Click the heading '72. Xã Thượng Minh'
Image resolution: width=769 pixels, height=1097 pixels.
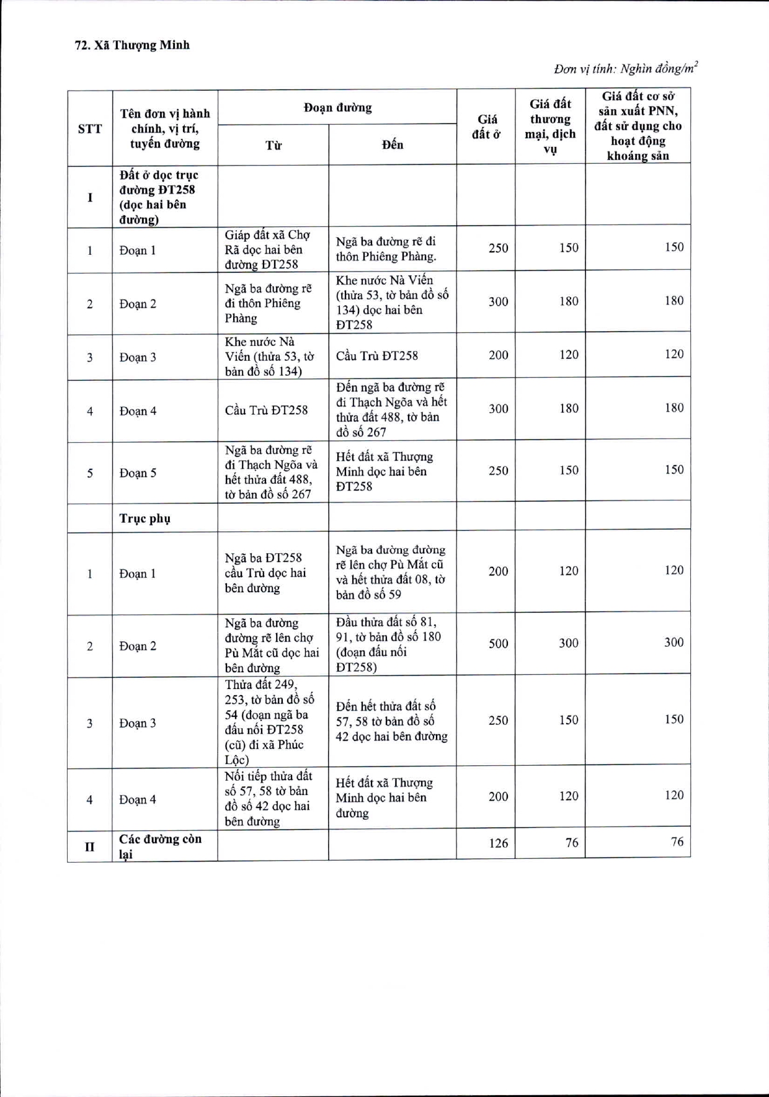click(132, 45)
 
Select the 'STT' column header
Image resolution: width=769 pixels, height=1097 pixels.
click(90, 129)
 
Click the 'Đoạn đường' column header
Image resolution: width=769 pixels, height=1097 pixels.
click(337, 108)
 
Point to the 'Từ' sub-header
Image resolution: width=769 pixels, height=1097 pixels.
click(273, 145)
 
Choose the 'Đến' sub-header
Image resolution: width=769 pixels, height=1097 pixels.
click(393, 145)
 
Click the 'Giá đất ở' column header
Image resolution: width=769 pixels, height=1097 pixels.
click(486, 127)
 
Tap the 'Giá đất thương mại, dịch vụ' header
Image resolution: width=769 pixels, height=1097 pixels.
click(550, 126)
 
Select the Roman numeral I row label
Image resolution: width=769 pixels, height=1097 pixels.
click(90, 198)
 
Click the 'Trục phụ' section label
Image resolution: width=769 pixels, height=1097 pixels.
click(144, 518)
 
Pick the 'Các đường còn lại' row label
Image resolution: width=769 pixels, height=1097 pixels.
click(160, 846)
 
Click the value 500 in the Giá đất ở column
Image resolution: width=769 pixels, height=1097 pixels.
click(498, 643)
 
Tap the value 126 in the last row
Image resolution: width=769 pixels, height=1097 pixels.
click(498, 843)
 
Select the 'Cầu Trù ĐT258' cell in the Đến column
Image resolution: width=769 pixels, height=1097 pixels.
click(377, 356)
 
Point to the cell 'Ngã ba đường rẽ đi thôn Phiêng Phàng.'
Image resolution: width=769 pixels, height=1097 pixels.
click(386, 249)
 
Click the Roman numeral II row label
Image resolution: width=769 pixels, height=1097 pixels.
click(90, 846)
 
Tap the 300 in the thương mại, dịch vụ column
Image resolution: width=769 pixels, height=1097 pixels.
click(568, 643)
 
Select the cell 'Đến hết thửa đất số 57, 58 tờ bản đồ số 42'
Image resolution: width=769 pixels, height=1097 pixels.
click(391, 721)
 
